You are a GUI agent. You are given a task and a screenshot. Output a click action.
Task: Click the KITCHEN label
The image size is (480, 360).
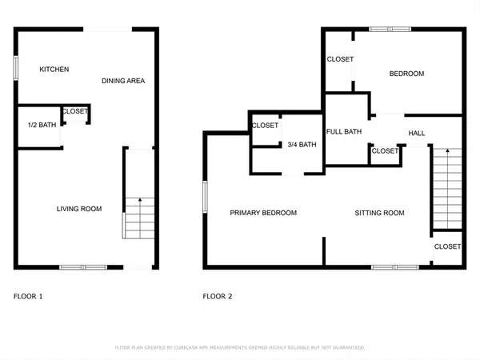point(54,70)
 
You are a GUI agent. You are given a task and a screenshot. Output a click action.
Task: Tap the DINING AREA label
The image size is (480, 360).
point(123,81)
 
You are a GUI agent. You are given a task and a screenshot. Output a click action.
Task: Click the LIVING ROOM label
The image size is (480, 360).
point(78,209)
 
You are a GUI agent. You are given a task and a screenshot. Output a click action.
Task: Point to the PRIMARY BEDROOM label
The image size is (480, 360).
point(263,213)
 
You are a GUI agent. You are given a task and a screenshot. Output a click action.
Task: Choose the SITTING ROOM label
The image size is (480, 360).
point(379,213)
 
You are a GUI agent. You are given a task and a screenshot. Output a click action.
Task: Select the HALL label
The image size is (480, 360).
point(417,133)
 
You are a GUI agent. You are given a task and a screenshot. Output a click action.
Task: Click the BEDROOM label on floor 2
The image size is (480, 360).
point(406,74)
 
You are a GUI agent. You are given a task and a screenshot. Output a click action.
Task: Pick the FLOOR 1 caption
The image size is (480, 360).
point(28,296)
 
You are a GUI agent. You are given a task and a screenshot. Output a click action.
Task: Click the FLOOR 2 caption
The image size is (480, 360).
point(217,296)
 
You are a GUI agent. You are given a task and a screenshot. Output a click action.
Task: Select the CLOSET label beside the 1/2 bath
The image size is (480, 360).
point(75,111)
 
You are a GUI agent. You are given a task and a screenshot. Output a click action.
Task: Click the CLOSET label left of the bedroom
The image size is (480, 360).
point(340,60)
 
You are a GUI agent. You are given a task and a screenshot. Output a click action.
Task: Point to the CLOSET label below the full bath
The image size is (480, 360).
point(385,150)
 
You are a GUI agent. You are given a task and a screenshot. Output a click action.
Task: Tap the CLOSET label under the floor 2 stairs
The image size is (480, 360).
point(447,247)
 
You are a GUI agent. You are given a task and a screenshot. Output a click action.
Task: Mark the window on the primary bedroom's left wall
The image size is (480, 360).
point(205,196)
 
